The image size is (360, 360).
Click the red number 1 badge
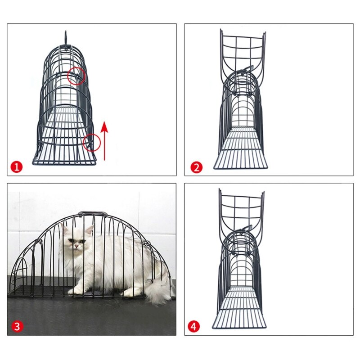[x=17, y=167]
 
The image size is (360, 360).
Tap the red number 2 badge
[x=196, y=167]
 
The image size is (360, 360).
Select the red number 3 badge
[x=17, y=327]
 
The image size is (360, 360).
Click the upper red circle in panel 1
[x=76, y=76]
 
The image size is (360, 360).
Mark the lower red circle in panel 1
[x=92, y=143]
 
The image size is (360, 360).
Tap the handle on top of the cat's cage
[x=92, y=214]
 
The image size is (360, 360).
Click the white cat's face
[x=75, y=241]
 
